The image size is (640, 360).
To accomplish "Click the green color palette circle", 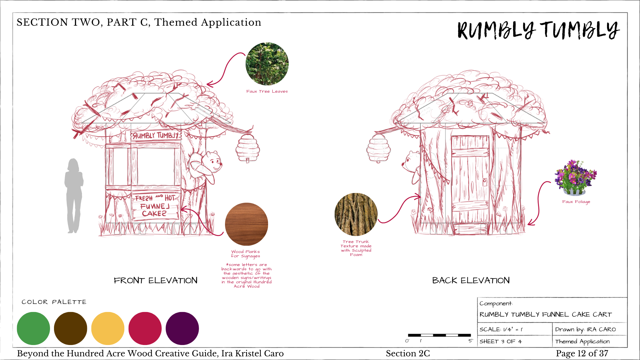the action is [x=33, y=328].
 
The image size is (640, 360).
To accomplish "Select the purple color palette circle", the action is [x=182, y=328].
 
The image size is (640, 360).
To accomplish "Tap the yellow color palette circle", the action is [x=108, y=328].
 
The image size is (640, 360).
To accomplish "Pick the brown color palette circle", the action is [x=70, y=328].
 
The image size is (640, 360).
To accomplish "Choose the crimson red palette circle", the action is [x=145, y=328].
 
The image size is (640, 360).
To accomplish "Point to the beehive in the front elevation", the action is [x=247, y=148].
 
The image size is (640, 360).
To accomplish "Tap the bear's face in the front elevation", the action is [x=213, y=162].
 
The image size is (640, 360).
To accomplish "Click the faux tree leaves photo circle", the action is [x=267, y=64].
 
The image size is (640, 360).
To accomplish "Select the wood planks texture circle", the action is [x=246, y=224].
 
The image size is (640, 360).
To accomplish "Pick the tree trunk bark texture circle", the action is [x=356, y=214].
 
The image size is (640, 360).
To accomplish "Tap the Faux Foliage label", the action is [x=576, y=202].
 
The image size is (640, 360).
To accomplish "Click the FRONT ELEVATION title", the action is [x=155, y=280].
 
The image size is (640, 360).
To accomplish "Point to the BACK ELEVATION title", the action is [x=471, y=280].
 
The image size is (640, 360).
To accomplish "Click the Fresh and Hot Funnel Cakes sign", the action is [x=155, y=206].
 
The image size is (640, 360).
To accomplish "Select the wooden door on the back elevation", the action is [x=470, y=180].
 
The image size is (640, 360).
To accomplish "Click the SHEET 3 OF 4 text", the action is [x=500, y=341].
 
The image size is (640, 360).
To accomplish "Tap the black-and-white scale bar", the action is [x=439, y=335].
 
